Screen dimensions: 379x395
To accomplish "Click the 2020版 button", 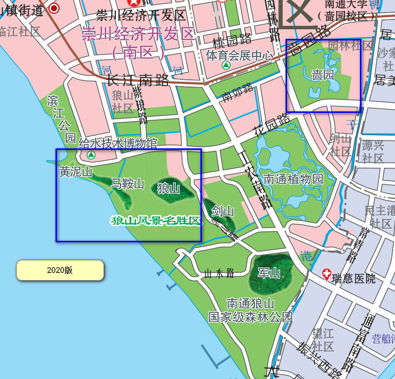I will pos(60,270).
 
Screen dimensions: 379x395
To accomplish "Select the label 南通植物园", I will pos(292,179).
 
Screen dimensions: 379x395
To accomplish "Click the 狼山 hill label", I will pos(168,188).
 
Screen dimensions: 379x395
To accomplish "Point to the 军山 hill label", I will pos(269,273).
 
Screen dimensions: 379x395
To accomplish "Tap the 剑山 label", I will pos(223,211).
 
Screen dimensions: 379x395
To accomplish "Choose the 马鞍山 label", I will pos(127,183).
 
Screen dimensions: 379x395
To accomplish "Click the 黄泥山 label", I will pos(75,172).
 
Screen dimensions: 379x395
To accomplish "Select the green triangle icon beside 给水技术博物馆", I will pos(91,155).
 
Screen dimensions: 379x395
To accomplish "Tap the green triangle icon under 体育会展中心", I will pos(226,65).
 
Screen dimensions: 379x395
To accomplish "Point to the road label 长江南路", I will pos(138,80).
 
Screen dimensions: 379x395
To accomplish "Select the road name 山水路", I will pos(219,273).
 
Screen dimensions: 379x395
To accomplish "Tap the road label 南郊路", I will pos(238,92).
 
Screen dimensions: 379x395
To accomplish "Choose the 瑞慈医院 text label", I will pos(354,279).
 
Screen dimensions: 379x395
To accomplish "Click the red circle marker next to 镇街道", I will pos(54,8).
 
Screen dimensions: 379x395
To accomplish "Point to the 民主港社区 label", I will pos(380,217).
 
